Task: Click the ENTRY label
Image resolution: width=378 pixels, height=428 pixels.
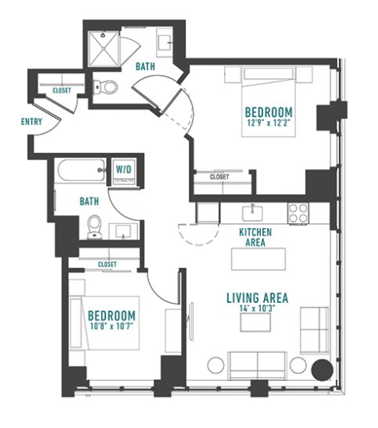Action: point(32,121)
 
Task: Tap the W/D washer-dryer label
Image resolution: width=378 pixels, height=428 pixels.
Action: point(124,170)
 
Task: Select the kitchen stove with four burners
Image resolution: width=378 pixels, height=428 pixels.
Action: point(298,213)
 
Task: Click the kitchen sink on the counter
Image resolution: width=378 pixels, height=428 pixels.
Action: point(253,213)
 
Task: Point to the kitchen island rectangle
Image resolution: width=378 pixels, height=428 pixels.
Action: point(258,259)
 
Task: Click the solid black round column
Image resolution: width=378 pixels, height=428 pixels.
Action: point(322,370)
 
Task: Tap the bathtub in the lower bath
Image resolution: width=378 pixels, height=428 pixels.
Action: point(81,170)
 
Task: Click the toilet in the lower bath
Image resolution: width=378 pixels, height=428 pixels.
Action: point(94,227)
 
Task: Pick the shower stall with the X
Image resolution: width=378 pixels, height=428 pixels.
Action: point(104,49)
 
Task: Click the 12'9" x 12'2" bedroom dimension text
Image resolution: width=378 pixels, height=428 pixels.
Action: point(268,123)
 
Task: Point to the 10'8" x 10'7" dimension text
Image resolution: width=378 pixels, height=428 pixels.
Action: point(112,326)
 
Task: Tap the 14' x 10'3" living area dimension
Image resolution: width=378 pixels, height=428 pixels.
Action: point(257,308)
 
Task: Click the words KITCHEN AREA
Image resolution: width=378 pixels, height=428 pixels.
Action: point(255,238)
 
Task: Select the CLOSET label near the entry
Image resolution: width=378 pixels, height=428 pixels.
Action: point(61,90)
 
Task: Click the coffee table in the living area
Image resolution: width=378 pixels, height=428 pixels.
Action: point(255,323)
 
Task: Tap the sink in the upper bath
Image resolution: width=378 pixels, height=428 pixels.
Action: point(165,42)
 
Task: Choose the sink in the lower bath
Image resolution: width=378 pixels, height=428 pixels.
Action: point(124,231)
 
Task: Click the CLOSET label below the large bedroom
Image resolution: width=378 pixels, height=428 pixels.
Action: point(219,177)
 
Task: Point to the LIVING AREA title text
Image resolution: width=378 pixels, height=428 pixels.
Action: point(258,298)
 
